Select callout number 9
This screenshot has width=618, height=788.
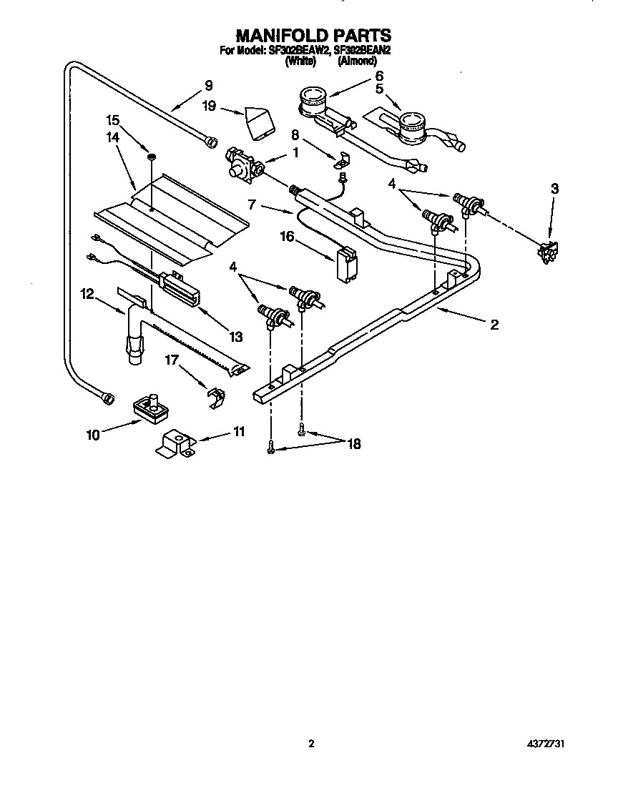click(x=208, y=85)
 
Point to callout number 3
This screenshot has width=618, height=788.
click(x=554, y=189)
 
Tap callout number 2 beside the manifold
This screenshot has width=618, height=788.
click(x=494, y=324)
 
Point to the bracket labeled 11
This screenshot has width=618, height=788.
click(x=175, y=445)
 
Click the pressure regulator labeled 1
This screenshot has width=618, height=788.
click(x=242, y=162)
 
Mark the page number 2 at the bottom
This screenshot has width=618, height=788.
click(x=310, y=744)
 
